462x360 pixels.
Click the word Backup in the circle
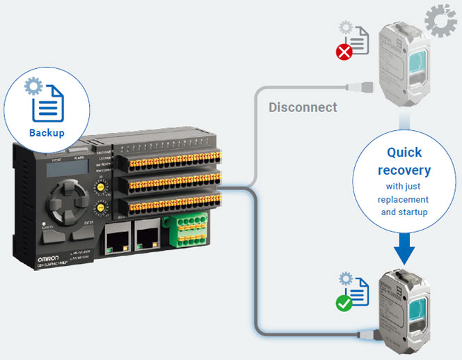(x=47, y=133)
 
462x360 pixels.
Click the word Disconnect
(x=303, y=107)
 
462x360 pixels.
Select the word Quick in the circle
(x=404, y=152)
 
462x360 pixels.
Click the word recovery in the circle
(x=404, y=170)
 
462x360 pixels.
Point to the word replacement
(x=404, y=199)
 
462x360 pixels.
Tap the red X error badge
(x=344, y=52)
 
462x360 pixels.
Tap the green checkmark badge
(x=343, y=304)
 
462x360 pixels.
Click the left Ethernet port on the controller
(x=116, y=239)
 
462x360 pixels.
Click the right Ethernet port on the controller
(x=148, y=239)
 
